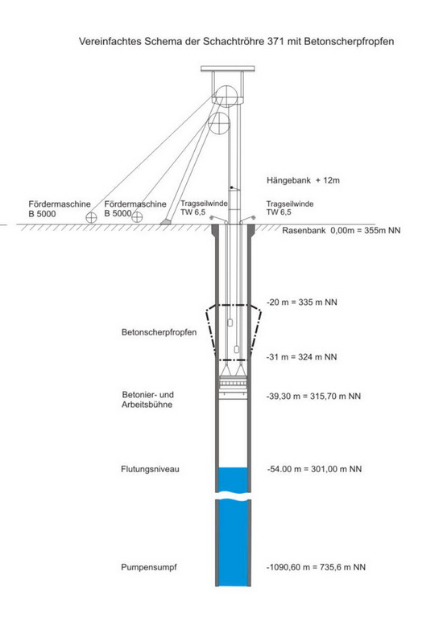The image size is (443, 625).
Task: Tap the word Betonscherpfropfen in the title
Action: [350, 42]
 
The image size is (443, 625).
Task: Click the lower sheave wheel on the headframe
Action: [220, 123]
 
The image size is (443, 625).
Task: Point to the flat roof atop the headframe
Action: [228, 69]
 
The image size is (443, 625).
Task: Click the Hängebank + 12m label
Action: [303, 180]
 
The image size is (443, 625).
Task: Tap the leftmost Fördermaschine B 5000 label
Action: [59, 209]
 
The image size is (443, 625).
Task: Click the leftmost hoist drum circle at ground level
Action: [91, 218]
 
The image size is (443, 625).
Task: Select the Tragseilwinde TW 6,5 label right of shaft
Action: [290, 208]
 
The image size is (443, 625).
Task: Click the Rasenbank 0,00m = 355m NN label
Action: [342, 230]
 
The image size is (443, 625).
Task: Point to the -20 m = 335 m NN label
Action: [302, 302]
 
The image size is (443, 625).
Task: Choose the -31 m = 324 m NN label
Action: [302, 357]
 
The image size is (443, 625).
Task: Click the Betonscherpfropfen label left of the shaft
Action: [159, 332]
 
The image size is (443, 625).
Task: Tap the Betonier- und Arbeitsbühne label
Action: [147, 400]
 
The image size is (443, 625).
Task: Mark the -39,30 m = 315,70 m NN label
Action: [313, 397]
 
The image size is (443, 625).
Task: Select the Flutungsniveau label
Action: [150, 469]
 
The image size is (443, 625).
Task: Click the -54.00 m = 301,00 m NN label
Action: [314, 469]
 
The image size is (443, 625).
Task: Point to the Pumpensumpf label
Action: [149, 567]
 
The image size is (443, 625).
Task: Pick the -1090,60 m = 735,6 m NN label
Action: [316, 567]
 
